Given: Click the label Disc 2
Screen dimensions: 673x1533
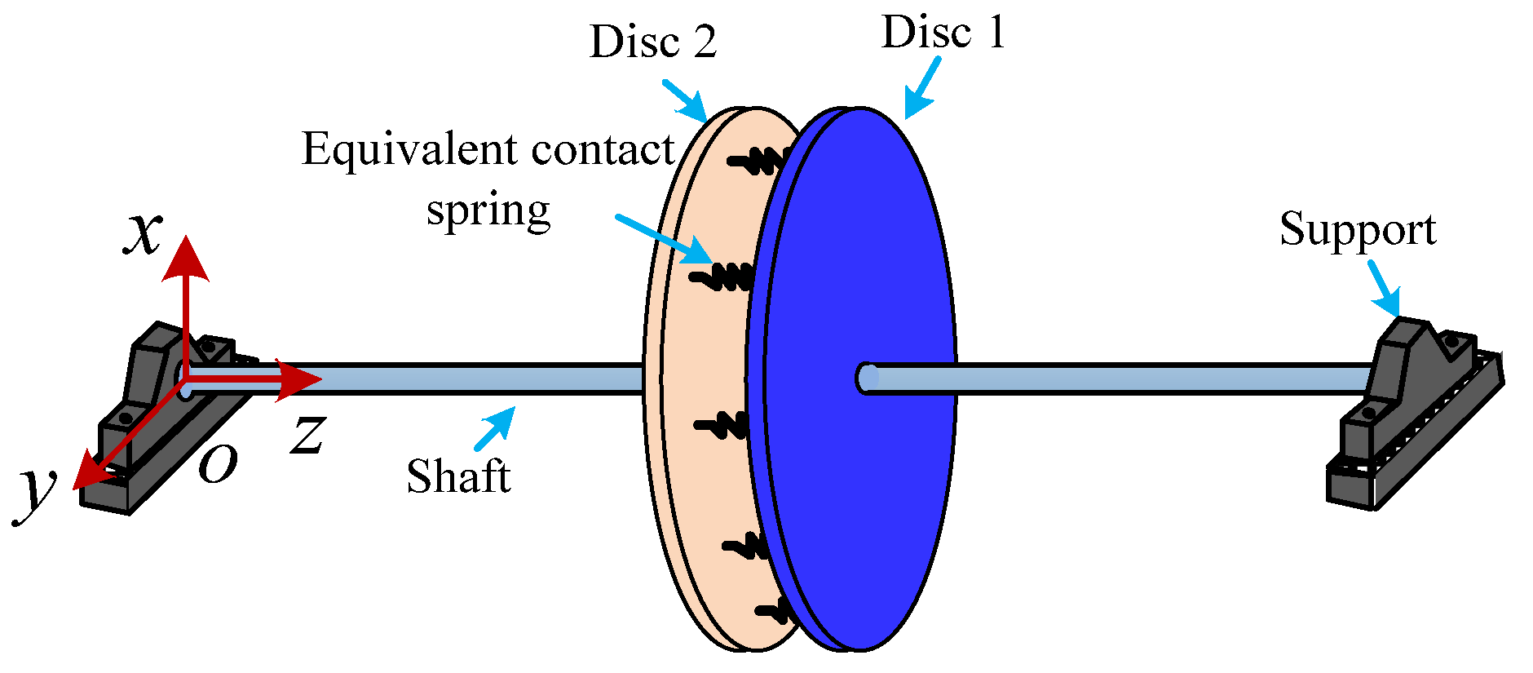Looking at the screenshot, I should (x=652, y=42).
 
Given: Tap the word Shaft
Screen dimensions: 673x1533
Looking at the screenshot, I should (x=458, y=476).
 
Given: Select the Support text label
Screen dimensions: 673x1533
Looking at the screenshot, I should (x=1357, y=229).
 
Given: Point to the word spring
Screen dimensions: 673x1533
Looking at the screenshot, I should (x=488, y=211).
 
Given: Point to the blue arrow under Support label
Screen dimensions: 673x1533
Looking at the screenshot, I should (x=1385, y=290).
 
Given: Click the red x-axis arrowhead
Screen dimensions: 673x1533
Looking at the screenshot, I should (x=186, y=257).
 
